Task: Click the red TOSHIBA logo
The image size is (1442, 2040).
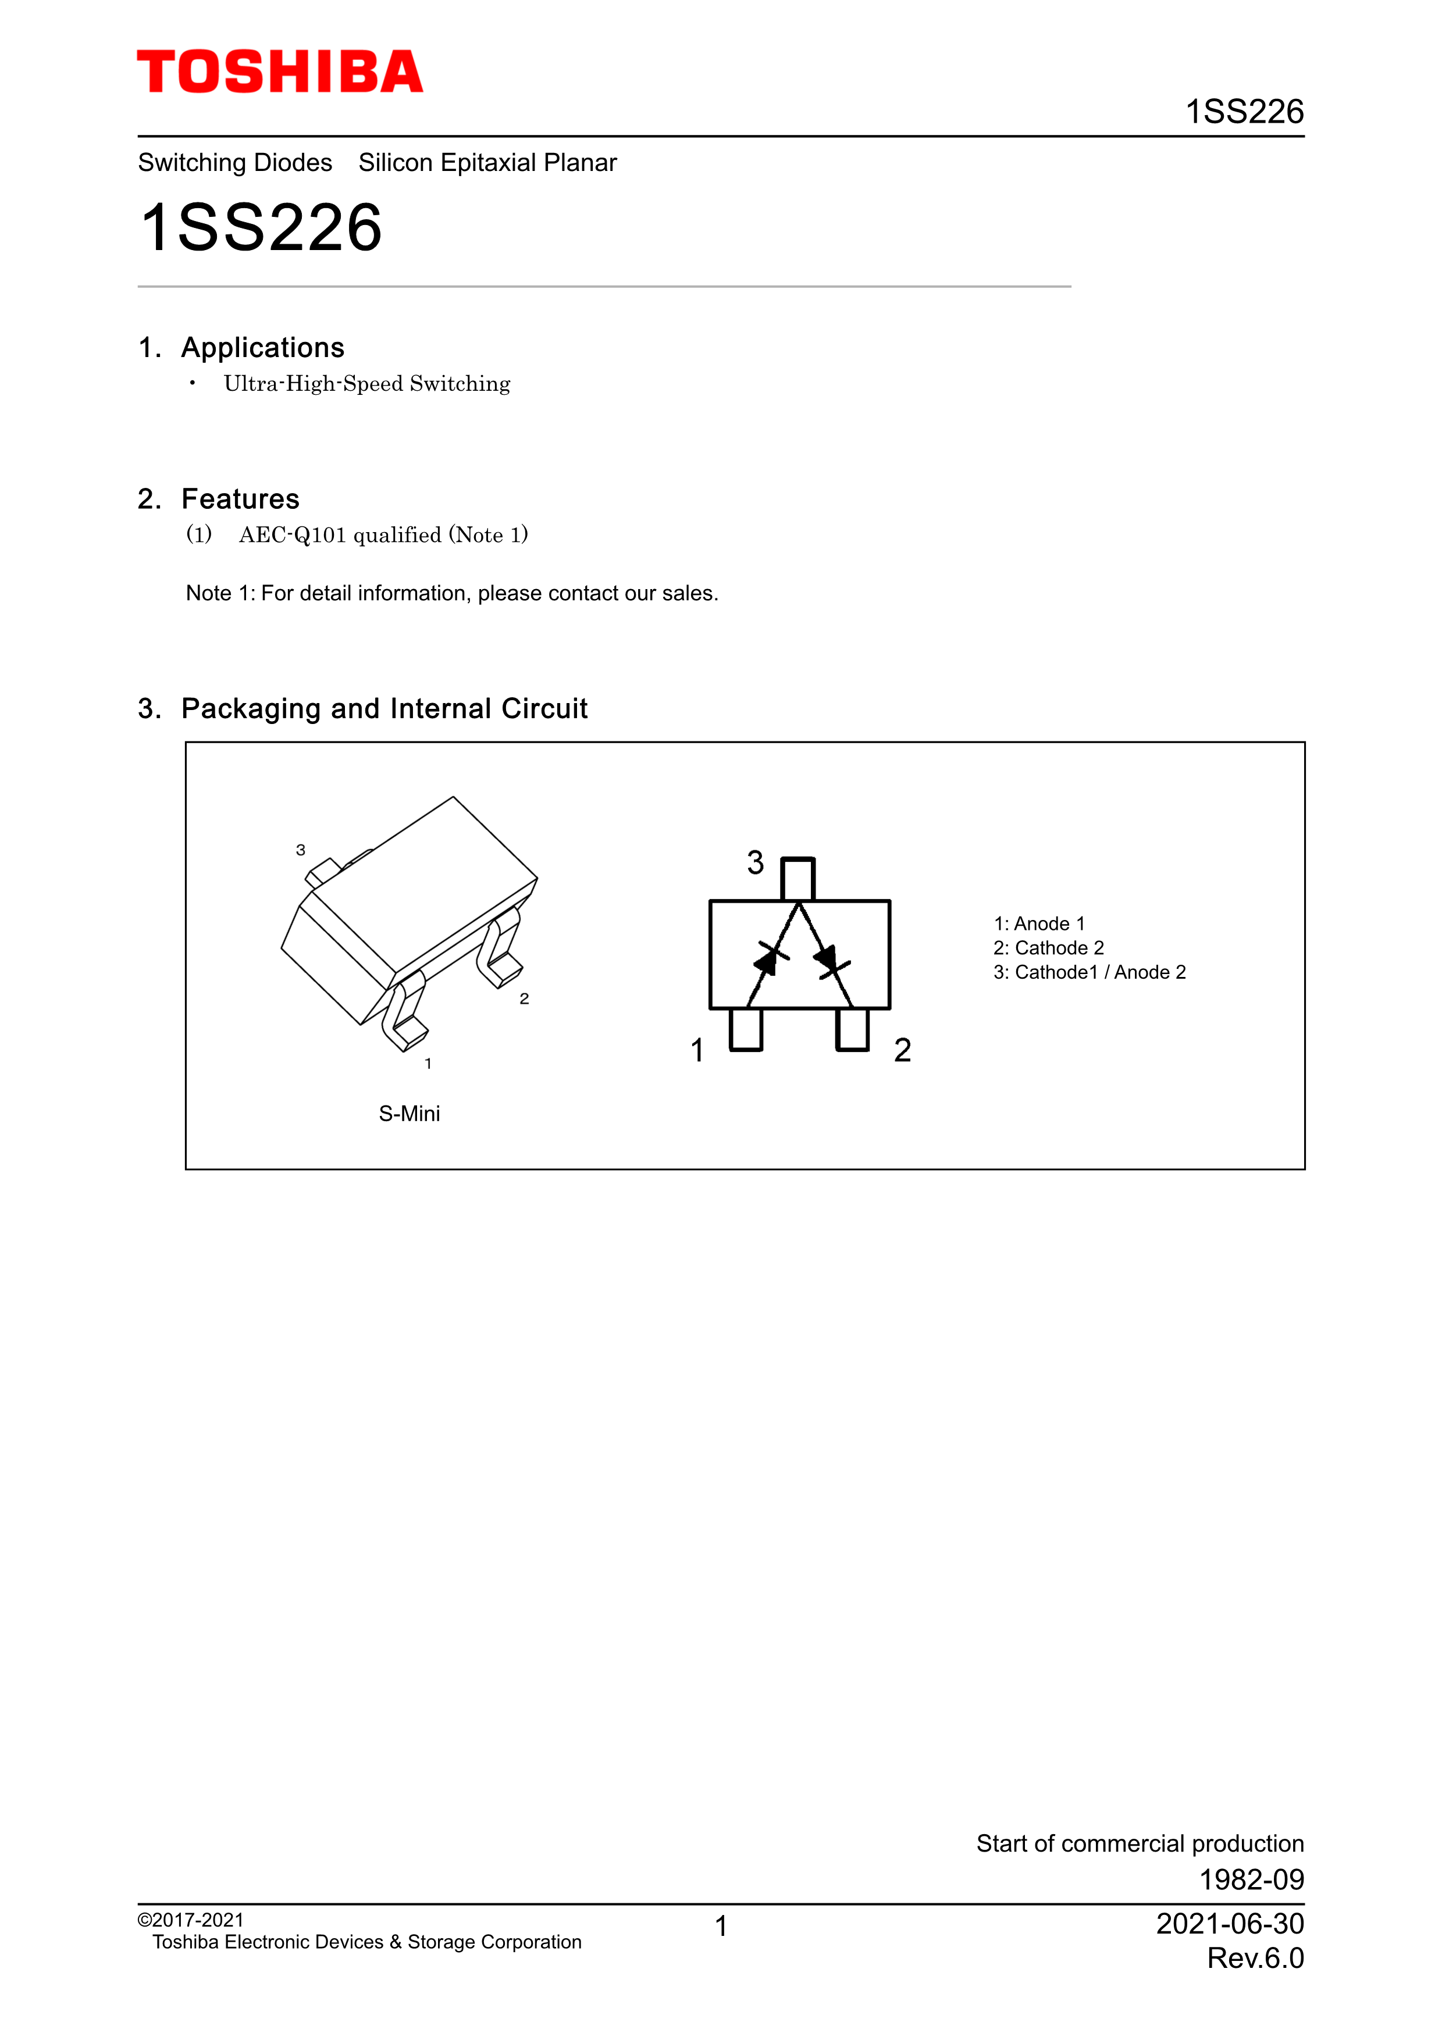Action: click(x=280, y=72)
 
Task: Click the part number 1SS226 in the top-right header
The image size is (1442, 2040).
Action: click(x=1244, y=112)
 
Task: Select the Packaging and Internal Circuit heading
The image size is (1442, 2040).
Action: click(x=384, y=708)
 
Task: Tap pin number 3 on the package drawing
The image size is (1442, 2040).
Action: click(x=300, y=850)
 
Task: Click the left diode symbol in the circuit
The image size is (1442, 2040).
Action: click(x=770, y=959)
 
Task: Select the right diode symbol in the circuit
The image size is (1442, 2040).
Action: click(x=830, y=960)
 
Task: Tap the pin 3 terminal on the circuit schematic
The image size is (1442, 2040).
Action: click(x=798, y=879)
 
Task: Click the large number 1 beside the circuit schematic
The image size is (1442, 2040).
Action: click(x=697, y=1050)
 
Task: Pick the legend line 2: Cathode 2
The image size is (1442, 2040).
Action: click(x=1048, y=948)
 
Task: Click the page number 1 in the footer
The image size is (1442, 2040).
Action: click(x=721, y=1926)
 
